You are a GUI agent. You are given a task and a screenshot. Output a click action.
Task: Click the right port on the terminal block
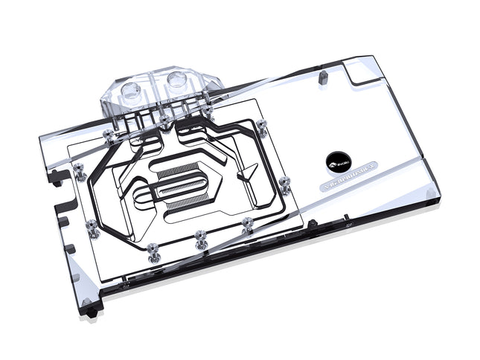(x=179, y=80)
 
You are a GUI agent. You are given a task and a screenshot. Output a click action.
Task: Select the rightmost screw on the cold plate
(x=284, y=181)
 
